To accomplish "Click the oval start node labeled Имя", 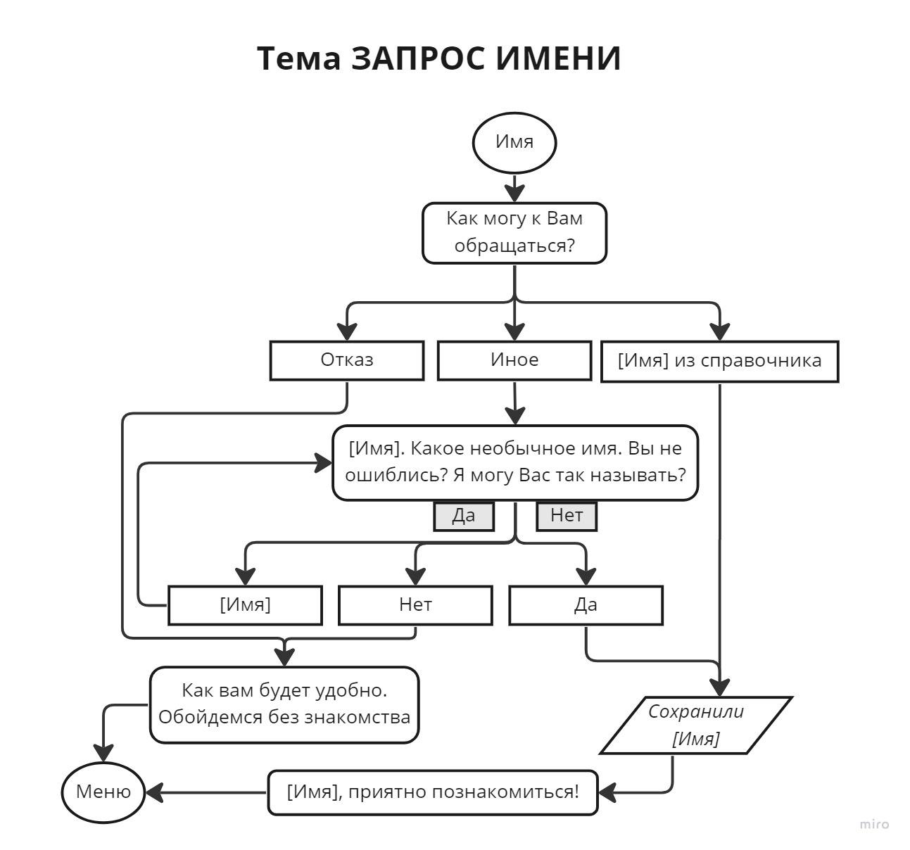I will pos(514,142).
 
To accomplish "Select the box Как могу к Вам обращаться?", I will pos(514,233).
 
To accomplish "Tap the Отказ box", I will pos(347,360).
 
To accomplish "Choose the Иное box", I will pos(514,360).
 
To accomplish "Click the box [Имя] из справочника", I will pos(719,361).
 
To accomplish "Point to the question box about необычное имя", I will pos(515,462).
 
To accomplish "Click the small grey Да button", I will pos(464,516).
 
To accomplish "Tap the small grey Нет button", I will pos(567,516).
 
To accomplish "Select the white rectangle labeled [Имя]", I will pos(245,605).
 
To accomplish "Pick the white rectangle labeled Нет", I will pos(415,605).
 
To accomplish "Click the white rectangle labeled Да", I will pos(586,605).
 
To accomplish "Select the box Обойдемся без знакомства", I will pos(284,704).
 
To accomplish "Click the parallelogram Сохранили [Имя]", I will pos(696,725).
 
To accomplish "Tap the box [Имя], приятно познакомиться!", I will pos(433,792).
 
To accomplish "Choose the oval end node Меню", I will pos(103,792).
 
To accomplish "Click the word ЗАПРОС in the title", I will pos(417,58).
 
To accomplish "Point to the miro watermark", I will pos(874,824).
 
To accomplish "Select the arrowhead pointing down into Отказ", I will pos(347,331).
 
